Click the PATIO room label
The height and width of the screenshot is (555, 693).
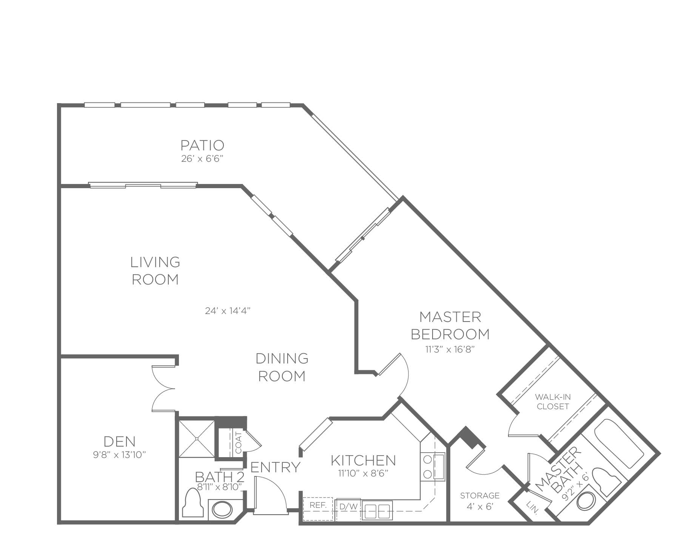(202, 145)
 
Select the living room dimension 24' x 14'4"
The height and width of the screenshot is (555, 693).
(228, 311)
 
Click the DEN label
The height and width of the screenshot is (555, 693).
(120, 441)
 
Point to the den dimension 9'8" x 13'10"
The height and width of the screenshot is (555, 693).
(120, 455)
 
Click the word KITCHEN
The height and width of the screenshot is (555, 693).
(363, 460)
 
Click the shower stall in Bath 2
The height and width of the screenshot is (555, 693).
(196, 438)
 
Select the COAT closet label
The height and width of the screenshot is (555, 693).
(238, 442)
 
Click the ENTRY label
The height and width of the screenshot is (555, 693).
(275, 467)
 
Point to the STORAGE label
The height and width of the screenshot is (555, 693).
(480, 495)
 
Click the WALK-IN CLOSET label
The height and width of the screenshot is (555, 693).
(553, 402)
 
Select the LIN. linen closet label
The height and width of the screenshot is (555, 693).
(533, 507)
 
